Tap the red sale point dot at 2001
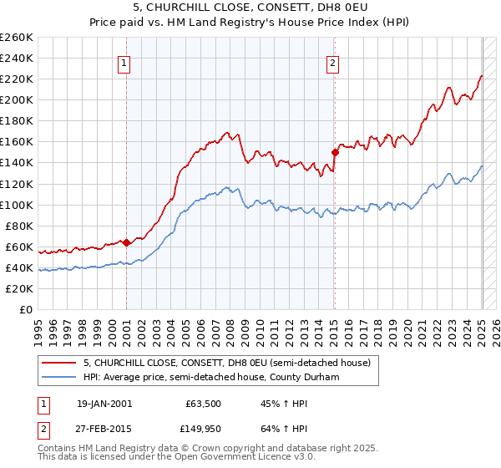click(x=126, y=242)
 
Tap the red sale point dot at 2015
click(x=335, y=152)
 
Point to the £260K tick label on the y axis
click(x=17, y=38)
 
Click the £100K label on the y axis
click(x=17, y=205)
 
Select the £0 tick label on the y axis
click(x=27, y=309)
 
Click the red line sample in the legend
click(x=59, y=363)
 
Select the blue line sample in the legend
click(x=59, y=377)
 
